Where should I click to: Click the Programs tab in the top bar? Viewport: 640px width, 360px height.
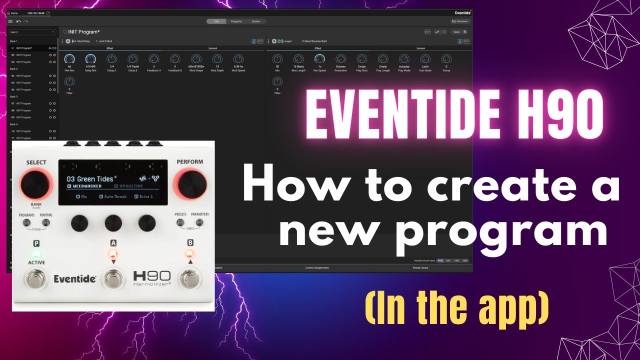click(x=236, y=21)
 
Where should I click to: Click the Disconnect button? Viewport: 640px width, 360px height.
click(x=460, y=21)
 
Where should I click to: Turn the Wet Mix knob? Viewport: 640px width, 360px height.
click(x=69, y=59)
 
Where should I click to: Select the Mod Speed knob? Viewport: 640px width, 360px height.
click(x=238, y=59)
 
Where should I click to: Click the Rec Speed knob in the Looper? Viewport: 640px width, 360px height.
click(x=319, y=59)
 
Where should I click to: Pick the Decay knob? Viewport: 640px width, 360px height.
click(x=446, y=59)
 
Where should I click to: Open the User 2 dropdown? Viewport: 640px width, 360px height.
click(x=32, y=32)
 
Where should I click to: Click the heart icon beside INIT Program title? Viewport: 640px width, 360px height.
click(x=65, y=32)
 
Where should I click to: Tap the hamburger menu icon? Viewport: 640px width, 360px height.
click(x=10, y=21)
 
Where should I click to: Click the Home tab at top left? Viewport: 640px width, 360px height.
click(x=12, y=13)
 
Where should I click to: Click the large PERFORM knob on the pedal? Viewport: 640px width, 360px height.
click(x=189, y=184)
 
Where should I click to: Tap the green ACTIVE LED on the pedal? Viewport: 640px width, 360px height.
click(x=36, y=253)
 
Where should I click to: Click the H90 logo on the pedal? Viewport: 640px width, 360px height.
click(x=152, y=276)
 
